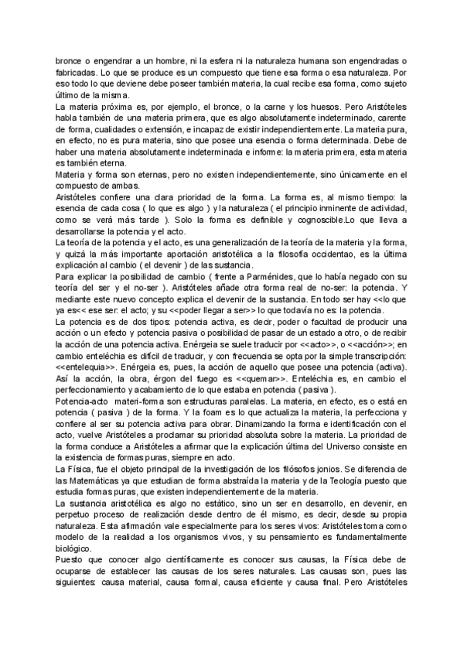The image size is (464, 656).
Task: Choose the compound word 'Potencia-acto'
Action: coord(80,425)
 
